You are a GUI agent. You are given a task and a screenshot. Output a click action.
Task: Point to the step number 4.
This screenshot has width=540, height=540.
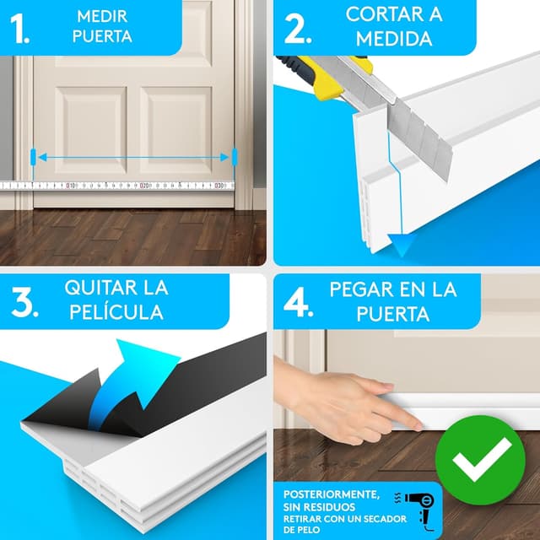point(300,303)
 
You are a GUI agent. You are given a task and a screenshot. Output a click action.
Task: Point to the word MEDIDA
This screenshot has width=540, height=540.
point(395,39)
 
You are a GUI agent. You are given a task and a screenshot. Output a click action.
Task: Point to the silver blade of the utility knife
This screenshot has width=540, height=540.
point(414,127)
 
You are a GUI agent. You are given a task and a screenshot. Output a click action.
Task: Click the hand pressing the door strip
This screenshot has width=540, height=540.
point(354,405)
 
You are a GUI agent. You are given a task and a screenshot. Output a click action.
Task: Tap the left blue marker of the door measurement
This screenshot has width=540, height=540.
point(33,157)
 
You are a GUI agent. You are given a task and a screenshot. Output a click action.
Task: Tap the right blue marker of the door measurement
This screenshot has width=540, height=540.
point(234,157)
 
